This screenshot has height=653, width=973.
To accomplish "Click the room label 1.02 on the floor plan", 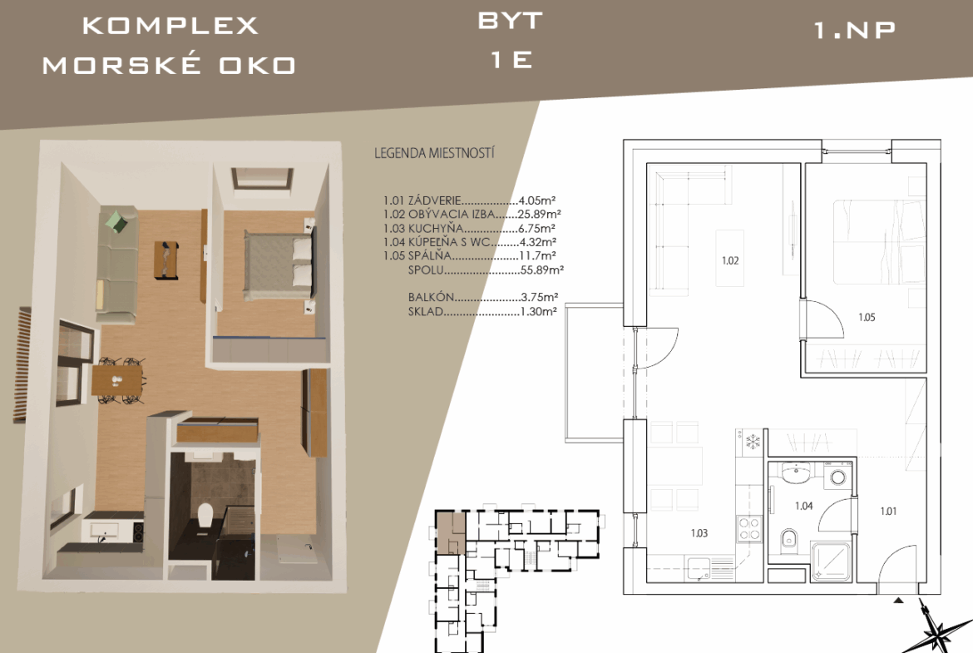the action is click(730, 260).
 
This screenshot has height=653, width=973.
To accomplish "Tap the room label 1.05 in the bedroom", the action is click(867, 317).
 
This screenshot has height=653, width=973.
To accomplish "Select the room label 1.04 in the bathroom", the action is click(803, 506).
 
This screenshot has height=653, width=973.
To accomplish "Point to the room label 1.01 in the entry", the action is click(888, 511).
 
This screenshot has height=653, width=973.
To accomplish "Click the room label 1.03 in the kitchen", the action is click(699, 532).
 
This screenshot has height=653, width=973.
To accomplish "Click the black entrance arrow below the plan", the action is click(898, 601).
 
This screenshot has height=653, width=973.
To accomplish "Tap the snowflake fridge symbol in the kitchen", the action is click(753, 442).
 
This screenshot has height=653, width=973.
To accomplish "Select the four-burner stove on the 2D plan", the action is click(749, 530).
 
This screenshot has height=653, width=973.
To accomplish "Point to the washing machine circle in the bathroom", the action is click(838, 477).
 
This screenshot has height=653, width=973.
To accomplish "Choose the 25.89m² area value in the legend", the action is click(539, 214).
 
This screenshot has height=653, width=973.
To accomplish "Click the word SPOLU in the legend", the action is click(426, 270).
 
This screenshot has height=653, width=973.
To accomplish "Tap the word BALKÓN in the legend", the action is click(432, 297).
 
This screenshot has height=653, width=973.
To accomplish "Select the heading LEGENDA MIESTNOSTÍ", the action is click(434, 153).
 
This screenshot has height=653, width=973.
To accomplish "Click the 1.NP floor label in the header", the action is click(854, 30).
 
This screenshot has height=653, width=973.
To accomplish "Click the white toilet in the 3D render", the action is click(205, 517).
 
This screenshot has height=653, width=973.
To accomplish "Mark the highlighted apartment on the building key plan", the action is click(451, 532).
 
